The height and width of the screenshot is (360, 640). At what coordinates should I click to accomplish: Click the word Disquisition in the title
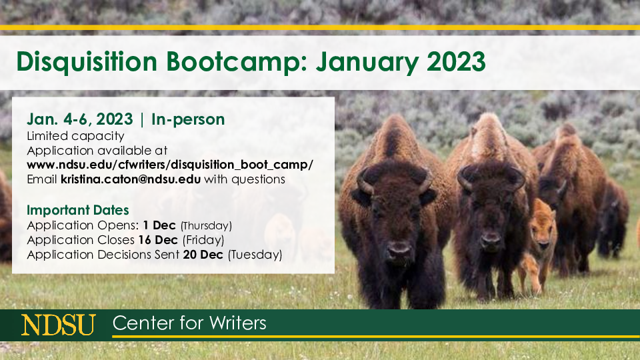point(87,62)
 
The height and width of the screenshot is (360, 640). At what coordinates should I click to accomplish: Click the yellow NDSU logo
point(59,325)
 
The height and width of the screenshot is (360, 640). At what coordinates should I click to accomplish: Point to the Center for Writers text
point(189,323)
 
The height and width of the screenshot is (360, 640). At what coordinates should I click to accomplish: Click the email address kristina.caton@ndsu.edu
point(131,179)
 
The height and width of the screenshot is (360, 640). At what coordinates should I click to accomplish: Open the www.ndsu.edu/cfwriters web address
point(170,165)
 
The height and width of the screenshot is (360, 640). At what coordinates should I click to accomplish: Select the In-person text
point(188,119)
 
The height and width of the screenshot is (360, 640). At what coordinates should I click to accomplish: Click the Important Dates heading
point(78,210)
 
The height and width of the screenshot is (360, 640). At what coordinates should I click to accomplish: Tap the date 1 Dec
point(159,225)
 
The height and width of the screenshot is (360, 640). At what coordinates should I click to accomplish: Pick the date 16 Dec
point(158,240)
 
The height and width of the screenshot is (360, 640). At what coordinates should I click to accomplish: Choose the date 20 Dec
point(203,255)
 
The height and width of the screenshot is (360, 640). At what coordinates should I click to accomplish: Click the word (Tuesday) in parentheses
point(255,255)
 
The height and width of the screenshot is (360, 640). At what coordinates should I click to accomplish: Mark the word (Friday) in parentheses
point(203,241)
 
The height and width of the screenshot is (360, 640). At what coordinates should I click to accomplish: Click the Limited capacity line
point(75,136)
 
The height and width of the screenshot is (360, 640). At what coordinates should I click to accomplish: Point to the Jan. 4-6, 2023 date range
point(80,119)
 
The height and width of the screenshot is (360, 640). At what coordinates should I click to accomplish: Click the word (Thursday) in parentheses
point(206,226)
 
